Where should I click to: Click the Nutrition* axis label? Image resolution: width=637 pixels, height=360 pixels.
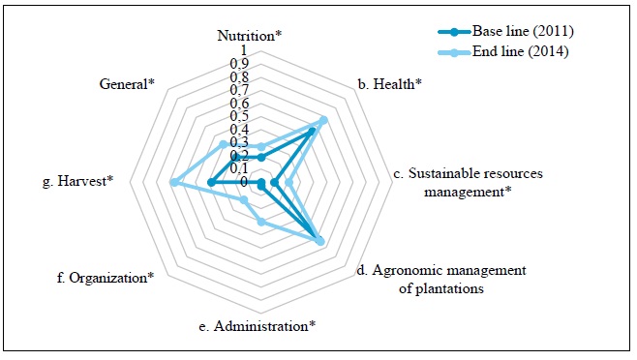[249, 36]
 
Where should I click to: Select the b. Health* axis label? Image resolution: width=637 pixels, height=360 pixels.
[390, 84]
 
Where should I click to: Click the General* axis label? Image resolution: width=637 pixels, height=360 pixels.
[127, 84]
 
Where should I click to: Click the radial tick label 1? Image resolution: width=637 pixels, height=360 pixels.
[244, 50]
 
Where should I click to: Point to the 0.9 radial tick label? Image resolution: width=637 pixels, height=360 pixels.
[238, 63]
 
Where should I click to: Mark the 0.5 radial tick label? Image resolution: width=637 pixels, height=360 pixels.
[238, 116]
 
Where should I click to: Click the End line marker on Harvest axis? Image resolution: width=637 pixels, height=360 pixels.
[173, 182]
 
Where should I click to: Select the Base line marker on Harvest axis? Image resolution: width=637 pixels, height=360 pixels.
[211, 182]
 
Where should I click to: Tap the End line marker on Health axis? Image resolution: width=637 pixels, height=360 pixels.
[323, 120]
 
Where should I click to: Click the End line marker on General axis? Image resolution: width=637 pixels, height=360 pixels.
[224, 144]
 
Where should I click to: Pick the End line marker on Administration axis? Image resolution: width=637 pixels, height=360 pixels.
[261, 223]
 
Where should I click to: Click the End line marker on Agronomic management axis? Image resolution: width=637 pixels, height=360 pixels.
[321, 242]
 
